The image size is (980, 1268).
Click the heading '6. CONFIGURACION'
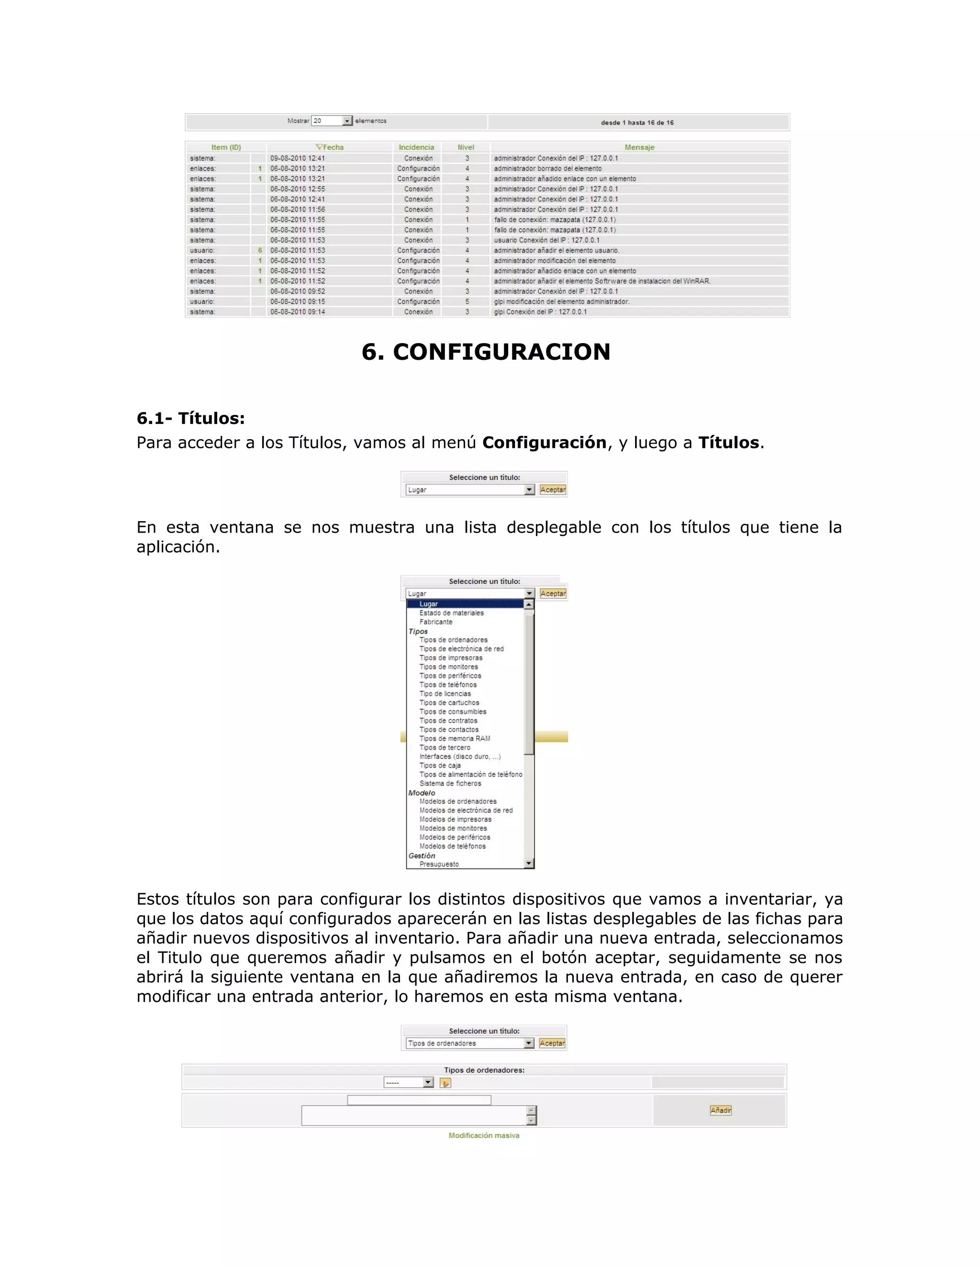coord(486,352)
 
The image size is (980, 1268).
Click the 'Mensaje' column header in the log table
coord(639,147)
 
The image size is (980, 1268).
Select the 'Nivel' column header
coord(466,147)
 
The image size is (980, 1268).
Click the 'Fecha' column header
coord(330,147)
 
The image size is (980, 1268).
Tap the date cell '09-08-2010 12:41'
coord(297,158)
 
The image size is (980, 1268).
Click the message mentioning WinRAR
coord(602,281)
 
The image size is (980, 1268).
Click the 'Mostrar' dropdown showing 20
coord(332,121)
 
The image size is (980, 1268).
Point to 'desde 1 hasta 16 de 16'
coord(637,122)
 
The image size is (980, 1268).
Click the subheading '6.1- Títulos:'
coord(190,418)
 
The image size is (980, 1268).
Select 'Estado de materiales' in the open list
coord(451,613)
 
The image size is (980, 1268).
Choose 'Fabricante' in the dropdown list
coord(435,622)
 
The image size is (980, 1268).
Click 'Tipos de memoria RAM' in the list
coord(455,738)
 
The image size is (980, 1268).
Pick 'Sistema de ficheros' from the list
coord(450,783)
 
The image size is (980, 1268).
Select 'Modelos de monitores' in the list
coord(453,828)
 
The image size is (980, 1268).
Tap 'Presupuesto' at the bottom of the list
coord(439,864)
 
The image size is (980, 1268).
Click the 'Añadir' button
coord(721,1110)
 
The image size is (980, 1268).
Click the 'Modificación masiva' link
coord(484,1135)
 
